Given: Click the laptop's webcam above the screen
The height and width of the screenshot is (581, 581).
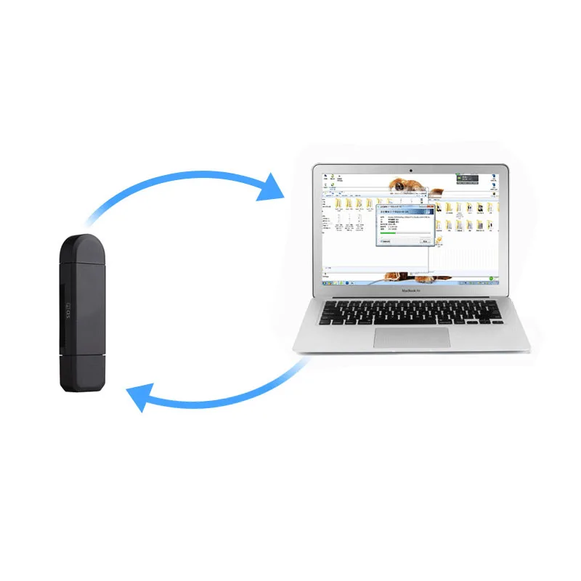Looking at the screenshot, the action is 411,170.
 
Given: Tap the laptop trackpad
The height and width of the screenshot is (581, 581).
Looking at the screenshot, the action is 412,337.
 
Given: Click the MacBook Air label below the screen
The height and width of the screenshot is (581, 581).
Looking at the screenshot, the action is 412,289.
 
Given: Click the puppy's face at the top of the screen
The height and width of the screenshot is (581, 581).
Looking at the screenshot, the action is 401,186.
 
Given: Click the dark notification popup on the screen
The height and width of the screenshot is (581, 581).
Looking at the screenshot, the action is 468,179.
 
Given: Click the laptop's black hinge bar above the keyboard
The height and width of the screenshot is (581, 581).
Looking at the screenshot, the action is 412,297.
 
